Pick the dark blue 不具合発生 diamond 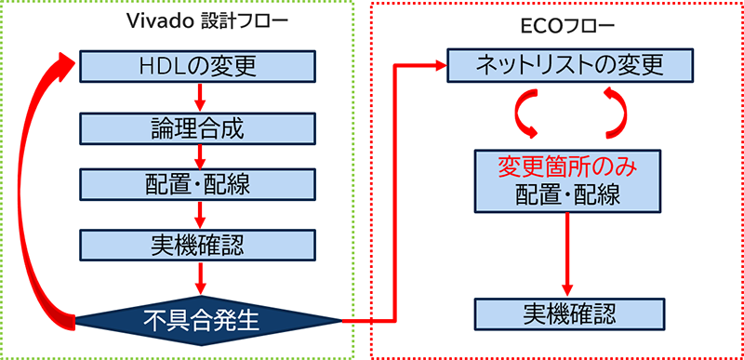208,322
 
